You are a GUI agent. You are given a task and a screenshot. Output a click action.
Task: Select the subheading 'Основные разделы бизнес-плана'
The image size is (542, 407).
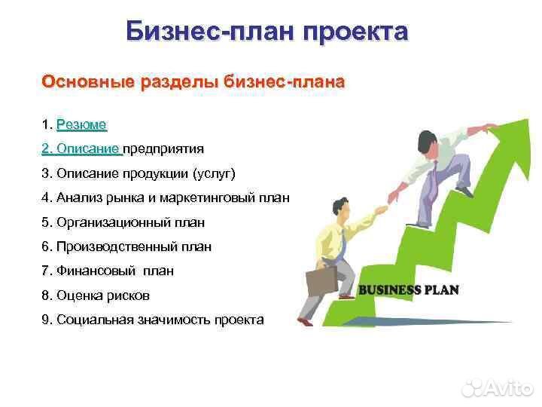point(193,81)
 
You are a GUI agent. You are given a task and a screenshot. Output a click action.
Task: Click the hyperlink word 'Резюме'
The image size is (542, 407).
point(81,124)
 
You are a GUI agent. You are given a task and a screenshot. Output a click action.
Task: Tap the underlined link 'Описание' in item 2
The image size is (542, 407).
point(81,148)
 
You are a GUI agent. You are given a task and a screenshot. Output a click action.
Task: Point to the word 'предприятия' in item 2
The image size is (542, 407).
point(163,148)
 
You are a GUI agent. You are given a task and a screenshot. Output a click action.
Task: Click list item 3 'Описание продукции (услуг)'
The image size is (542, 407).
point(139,173)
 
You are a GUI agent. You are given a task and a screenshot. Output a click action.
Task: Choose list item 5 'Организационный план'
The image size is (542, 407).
point(123,222)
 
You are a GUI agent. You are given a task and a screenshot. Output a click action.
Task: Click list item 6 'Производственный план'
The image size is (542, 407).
point(126,246)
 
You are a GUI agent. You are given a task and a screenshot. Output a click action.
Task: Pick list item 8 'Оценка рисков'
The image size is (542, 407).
point(96,295)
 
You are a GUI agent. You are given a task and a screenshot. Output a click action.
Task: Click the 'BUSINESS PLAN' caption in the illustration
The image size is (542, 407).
point(408,290)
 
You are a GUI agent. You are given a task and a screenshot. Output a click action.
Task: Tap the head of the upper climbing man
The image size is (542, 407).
point(427,140)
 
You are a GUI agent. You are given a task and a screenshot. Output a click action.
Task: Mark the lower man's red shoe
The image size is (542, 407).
point(304,322)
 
